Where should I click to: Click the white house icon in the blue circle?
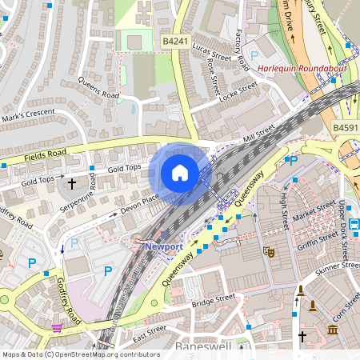[x=180, y=173]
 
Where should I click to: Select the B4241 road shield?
[x=174, y=39]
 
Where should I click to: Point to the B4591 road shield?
[x=346, y=127]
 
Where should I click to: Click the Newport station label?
[x=164, y=246]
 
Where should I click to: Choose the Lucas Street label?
[x=211, y=53]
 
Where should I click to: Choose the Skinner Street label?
[x=339, y=267]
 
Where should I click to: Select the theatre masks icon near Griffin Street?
[x=271, y=251]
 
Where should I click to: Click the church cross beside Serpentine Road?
[x=71, y=184]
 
